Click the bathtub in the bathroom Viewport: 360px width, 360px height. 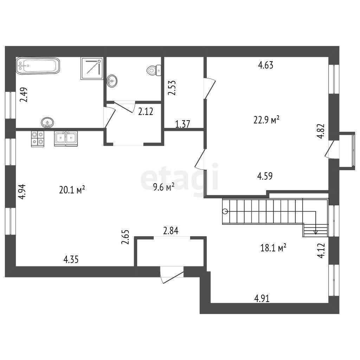point(38,66)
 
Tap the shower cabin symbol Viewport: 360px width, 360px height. point(92,69)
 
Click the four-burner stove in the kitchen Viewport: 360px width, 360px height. point(38,139)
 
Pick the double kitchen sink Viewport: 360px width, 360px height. point(66,139)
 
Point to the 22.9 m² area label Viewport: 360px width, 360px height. point(266,120)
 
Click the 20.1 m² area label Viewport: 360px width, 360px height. point(72,190)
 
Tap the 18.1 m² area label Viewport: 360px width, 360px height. point(273,248)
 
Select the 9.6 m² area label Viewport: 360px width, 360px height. point(164,187)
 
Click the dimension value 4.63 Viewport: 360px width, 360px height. point(266,65)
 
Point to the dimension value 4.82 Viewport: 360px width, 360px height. point(321,131)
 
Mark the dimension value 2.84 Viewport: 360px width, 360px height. point(171,231)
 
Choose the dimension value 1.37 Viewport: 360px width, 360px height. point(182,124)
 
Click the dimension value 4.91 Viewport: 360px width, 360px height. point(262,298)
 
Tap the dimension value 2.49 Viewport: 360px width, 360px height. point(24,95)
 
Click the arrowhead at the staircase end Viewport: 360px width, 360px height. point(316,232)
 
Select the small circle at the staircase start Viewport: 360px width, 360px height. point(225,211)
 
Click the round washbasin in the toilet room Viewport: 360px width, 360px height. point(112,81)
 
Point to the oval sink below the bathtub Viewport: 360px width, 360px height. point(47,123)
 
